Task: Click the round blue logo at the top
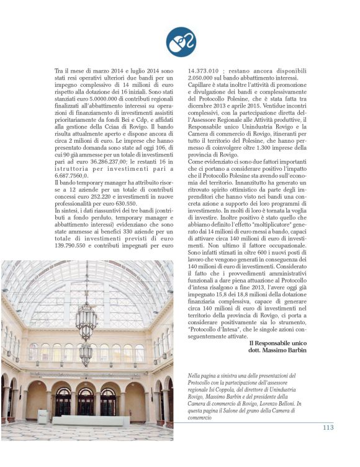point(181,42)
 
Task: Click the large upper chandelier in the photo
point(86,319)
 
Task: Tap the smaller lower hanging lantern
point(86,353)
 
